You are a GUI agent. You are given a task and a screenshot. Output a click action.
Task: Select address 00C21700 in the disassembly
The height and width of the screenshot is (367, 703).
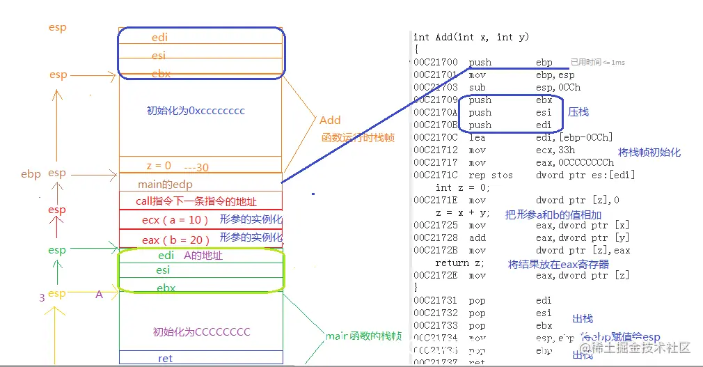click(436, 63)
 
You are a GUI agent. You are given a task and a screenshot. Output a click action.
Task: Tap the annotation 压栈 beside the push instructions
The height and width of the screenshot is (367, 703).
click(578, 111)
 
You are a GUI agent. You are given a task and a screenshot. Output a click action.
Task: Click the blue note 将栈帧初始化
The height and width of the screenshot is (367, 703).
click(649, 153)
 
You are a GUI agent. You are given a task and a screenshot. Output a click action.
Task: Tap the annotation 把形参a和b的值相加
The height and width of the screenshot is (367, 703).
click(553, 215)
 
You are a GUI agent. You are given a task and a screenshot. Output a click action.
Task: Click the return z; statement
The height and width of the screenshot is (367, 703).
click(460, 263)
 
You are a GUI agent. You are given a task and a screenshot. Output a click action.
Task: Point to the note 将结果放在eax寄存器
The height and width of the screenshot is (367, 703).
click(558, 265)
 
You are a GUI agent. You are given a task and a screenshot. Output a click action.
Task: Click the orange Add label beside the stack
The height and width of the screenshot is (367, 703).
click(330, 120)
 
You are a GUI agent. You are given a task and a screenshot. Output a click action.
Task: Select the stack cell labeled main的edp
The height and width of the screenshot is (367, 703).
click(165, 185)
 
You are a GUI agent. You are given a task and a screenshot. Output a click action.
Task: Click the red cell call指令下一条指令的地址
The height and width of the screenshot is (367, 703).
click(196, 202)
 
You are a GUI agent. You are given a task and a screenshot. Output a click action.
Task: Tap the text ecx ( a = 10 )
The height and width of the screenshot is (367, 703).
click(171, 220)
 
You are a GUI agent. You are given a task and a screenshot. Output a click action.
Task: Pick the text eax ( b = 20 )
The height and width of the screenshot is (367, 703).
click(171, 240)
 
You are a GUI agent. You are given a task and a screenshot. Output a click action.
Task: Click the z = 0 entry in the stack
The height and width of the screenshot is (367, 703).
click(159, 166)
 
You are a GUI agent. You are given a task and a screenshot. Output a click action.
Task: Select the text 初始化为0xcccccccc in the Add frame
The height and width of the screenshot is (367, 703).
click(196, 111)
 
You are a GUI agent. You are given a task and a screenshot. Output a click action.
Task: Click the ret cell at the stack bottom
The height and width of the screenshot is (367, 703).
click(165, 359)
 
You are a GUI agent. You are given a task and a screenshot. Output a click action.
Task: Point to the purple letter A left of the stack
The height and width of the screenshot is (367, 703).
click(100, 295)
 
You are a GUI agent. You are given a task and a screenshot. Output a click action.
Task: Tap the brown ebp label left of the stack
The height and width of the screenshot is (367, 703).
click(31, 174)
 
